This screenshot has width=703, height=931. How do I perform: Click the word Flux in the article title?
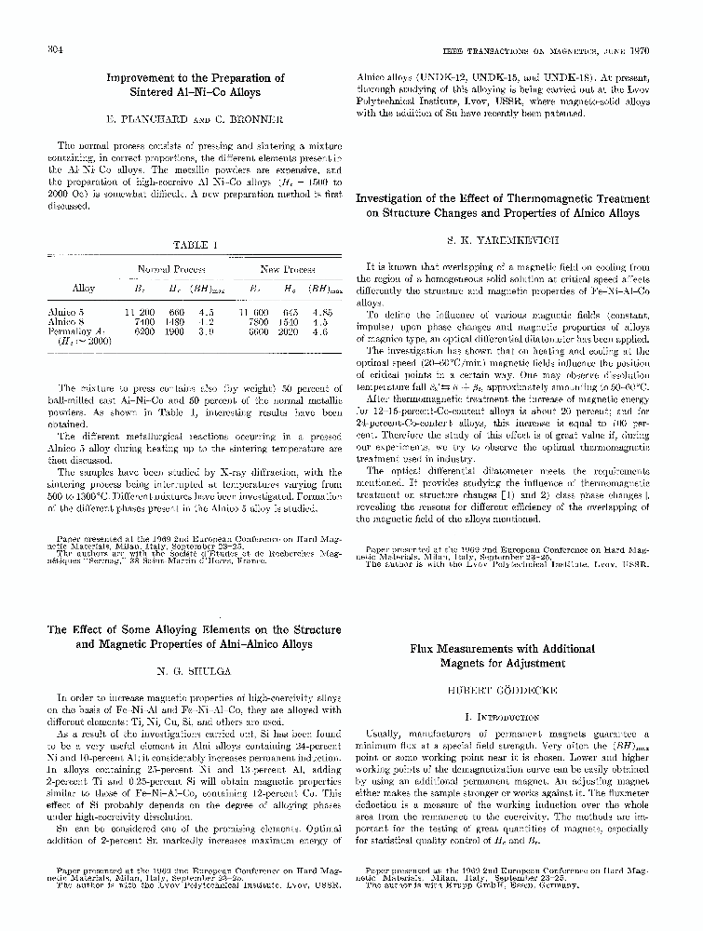426,646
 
